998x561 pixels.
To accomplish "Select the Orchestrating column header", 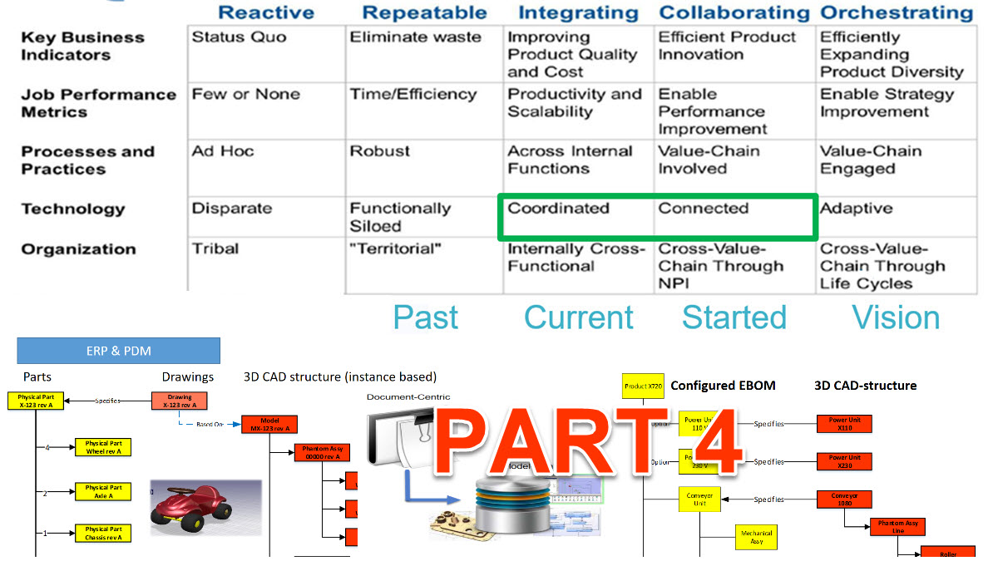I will coord(897,12).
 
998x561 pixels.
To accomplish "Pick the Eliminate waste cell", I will coord(415,37).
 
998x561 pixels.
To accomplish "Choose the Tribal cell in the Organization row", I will coord(215,249).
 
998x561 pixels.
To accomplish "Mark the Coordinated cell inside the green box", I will coord(559,209).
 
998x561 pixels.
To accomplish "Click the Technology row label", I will coord(72,209).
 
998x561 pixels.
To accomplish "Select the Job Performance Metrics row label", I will coord(98,103).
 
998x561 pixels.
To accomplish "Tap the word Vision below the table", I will coord(897,317).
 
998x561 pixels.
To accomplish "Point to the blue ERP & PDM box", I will coord(118,351).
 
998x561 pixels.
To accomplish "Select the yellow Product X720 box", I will coord(644,386).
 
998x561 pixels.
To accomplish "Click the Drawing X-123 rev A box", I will coord(180,401).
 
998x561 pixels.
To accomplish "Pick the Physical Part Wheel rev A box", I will coord(103,447).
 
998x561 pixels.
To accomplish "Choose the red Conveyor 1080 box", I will coord(843,499).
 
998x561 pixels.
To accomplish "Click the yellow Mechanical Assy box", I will coord(756,537).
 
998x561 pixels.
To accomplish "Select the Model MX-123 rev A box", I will coord(269,424).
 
